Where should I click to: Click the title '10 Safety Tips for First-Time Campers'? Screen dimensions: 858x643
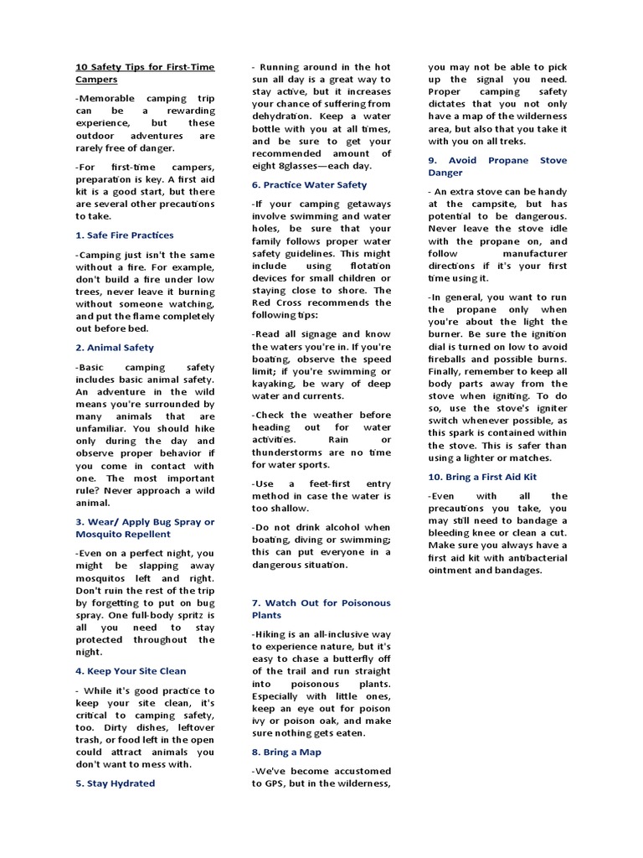[145, 73]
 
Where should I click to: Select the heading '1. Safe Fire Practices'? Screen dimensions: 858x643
[125, 235]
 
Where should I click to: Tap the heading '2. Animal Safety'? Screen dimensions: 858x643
[115, 347]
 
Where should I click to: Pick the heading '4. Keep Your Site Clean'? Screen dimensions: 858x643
[131, 670]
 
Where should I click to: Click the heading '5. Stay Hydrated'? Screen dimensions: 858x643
[115, 783]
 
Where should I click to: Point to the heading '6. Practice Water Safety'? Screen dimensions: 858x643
[309, 184]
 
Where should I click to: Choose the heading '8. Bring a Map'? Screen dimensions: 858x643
[285, 752]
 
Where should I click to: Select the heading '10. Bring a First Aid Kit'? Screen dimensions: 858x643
[482, 476]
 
